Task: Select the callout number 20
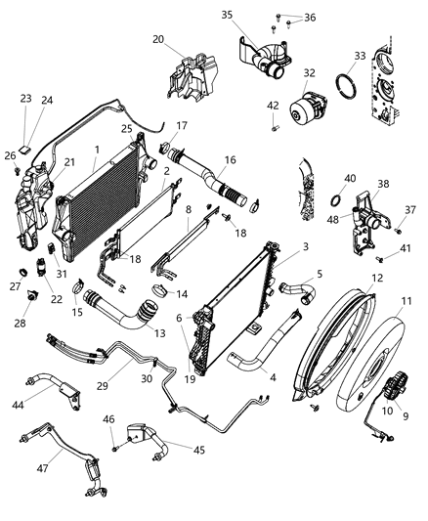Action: [158, 39]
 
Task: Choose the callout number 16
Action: [231, 159]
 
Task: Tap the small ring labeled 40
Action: [335, 202]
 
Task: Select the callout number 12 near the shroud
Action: [374, 278]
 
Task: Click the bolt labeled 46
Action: [115, 449]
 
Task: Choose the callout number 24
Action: [47, 99]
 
